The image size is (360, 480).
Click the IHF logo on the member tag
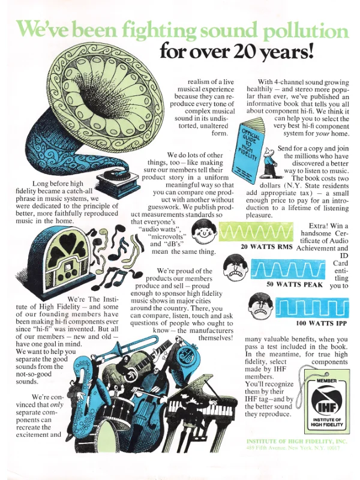tap(327, 402)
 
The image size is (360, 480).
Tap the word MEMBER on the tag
tap(326, 381)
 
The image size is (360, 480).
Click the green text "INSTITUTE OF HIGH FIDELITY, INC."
tap(297, 441)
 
